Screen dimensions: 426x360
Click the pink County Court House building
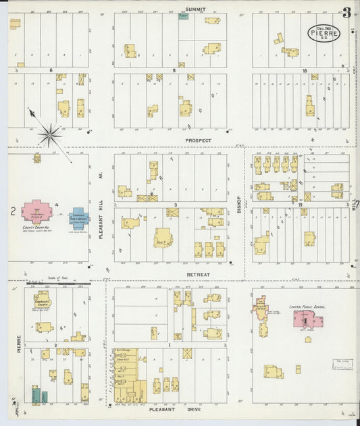coord(37,211)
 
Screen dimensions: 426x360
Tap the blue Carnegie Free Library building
coord(80,217)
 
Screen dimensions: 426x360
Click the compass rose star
coord(49,135)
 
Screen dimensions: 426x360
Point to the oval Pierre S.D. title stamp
coord(324,32)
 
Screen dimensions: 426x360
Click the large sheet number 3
coord(346,12)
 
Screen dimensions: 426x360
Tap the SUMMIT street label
coord(196,9)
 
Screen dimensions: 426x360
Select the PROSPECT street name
coord(199,140)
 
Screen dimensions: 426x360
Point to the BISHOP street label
coord(239,201)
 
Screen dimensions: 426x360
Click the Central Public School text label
coord(307,307)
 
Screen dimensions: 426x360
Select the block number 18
coord(305,70)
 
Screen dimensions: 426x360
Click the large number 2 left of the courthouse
coord(13,211)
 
